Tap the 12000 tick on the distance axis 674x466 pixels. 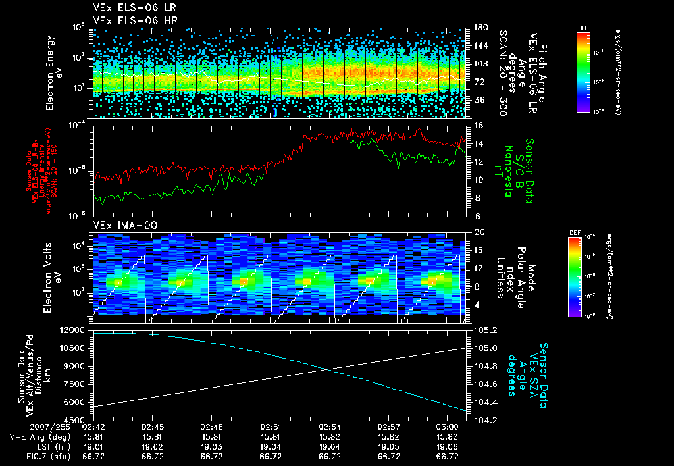(x=73, y=330)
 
